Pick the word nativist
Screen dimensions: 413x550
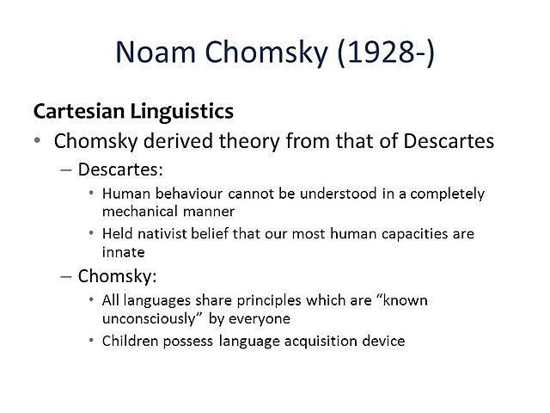click(187, 233)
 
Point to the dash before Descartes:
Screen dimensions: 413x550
click(68, 170)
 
